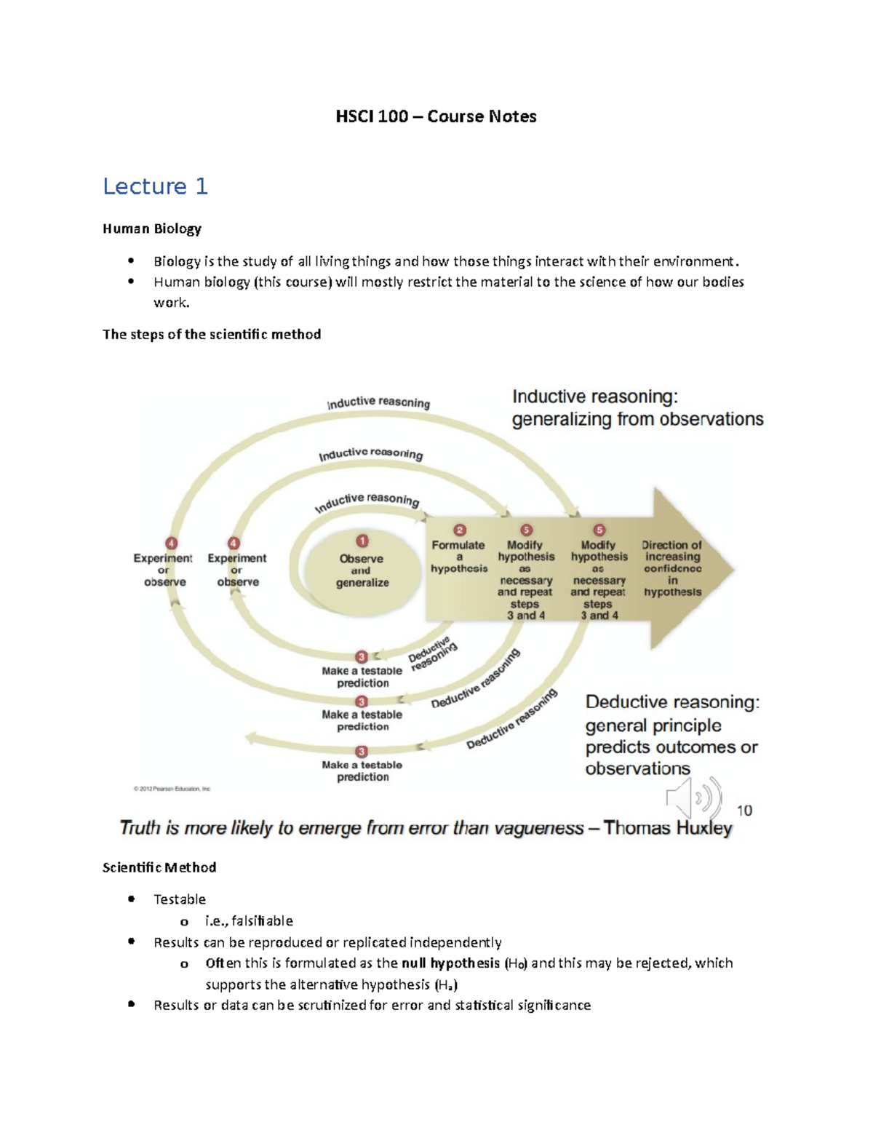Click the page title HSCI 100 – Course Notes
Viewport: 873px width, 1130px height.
(436, 116)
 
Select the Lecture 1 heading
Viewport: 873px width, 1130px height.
(155, 186)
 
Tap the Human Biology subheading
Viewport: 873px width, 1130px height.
(151, 228)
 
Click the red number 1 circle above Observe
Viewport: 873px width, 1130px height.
(362, 541)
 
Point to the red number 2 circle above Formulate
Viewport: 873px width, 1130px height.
(459, 530)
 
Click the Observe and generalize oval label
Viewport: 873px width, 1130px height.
(362, 570)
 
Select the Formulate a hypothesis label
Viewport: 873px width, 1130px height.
(458, 557)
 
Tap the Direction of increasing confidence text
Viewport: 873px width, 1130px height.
(671, 568)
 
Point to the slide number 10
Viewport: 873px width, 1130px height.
(744, 811)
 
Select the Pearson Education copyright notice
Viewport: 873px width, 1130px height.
(172, 789)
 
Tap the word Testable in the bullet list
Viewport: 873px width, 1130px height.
(180, 899)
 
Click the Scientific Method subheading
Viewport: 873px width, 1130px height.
(159, 867)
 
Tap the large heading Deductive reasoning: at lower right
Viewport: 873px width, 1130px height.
(672, 702)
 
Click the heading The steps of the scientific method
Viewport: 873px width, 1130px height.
(212, 334)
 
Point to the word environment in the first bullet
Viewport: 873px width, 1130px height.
(695, 261)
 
